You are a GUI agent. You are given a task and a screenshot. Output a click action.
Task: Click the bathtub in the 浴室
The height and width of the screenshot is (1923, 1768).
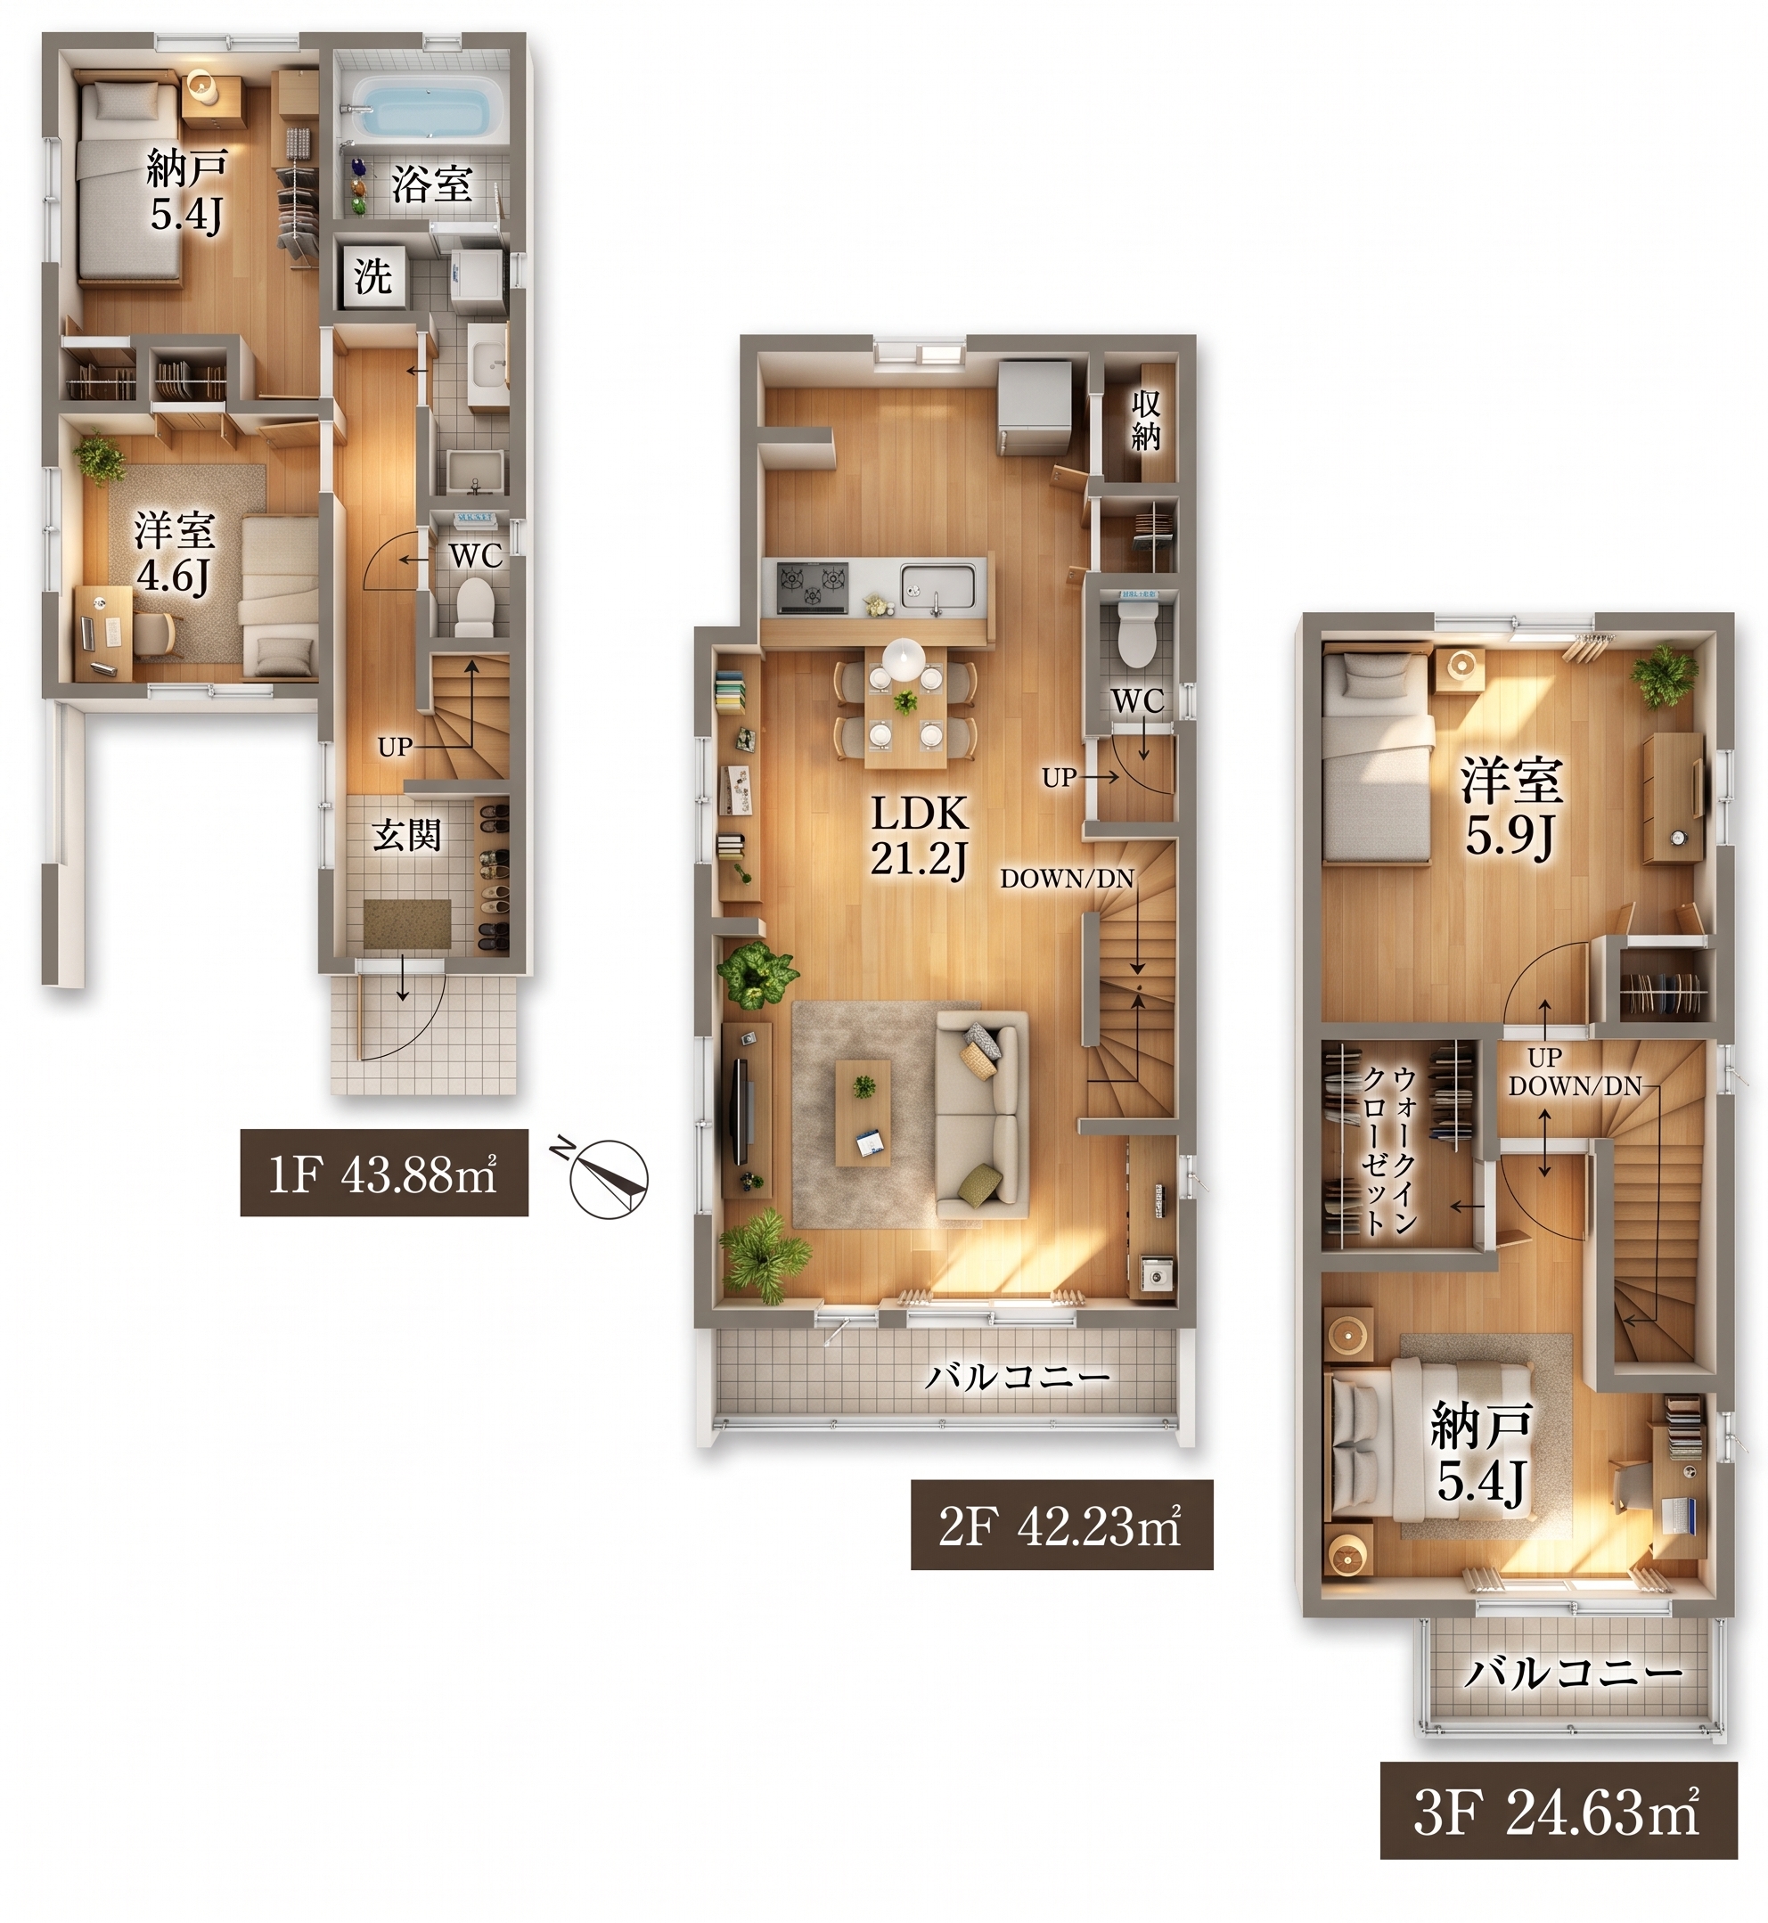tap(430, 107)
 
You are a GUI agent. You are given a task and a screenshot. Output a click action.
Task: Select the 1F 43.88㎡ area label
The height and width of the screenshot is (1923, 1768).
tap(384, 1173)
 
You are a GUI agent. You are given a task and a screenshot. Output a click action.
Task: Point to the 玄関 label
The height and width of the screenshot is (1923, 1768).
tap(406, 835)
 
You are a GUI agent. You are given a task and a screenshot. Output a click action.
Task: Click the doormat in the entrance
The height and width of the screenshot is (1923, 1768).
tap(407, 923)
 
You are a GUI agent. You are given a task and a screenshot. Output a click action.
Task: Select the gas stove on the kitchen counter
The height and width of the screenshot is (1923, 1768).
tap(812, 587)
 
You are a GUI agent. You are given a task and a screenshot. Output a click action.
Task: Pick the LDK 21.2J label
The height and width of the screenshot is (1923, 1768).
tap(920, 836)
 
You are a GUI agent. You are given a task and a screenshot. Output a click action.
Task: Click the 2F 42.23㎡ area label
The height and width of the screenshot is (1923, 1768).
tap(1061, 1525)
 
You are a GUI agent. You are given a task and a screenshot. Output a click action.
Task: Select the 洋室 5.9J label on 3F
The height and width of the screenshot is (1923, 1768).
tap(1510, 808)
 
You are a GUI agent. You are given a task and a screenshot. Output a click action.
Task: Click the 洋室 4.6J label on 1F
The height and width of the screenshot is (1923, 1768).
tap(174, 553)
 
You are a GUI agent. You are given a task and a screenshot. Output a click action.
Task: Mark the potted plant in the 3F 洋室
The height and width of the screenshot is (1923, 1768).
tap(1664, 675)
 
